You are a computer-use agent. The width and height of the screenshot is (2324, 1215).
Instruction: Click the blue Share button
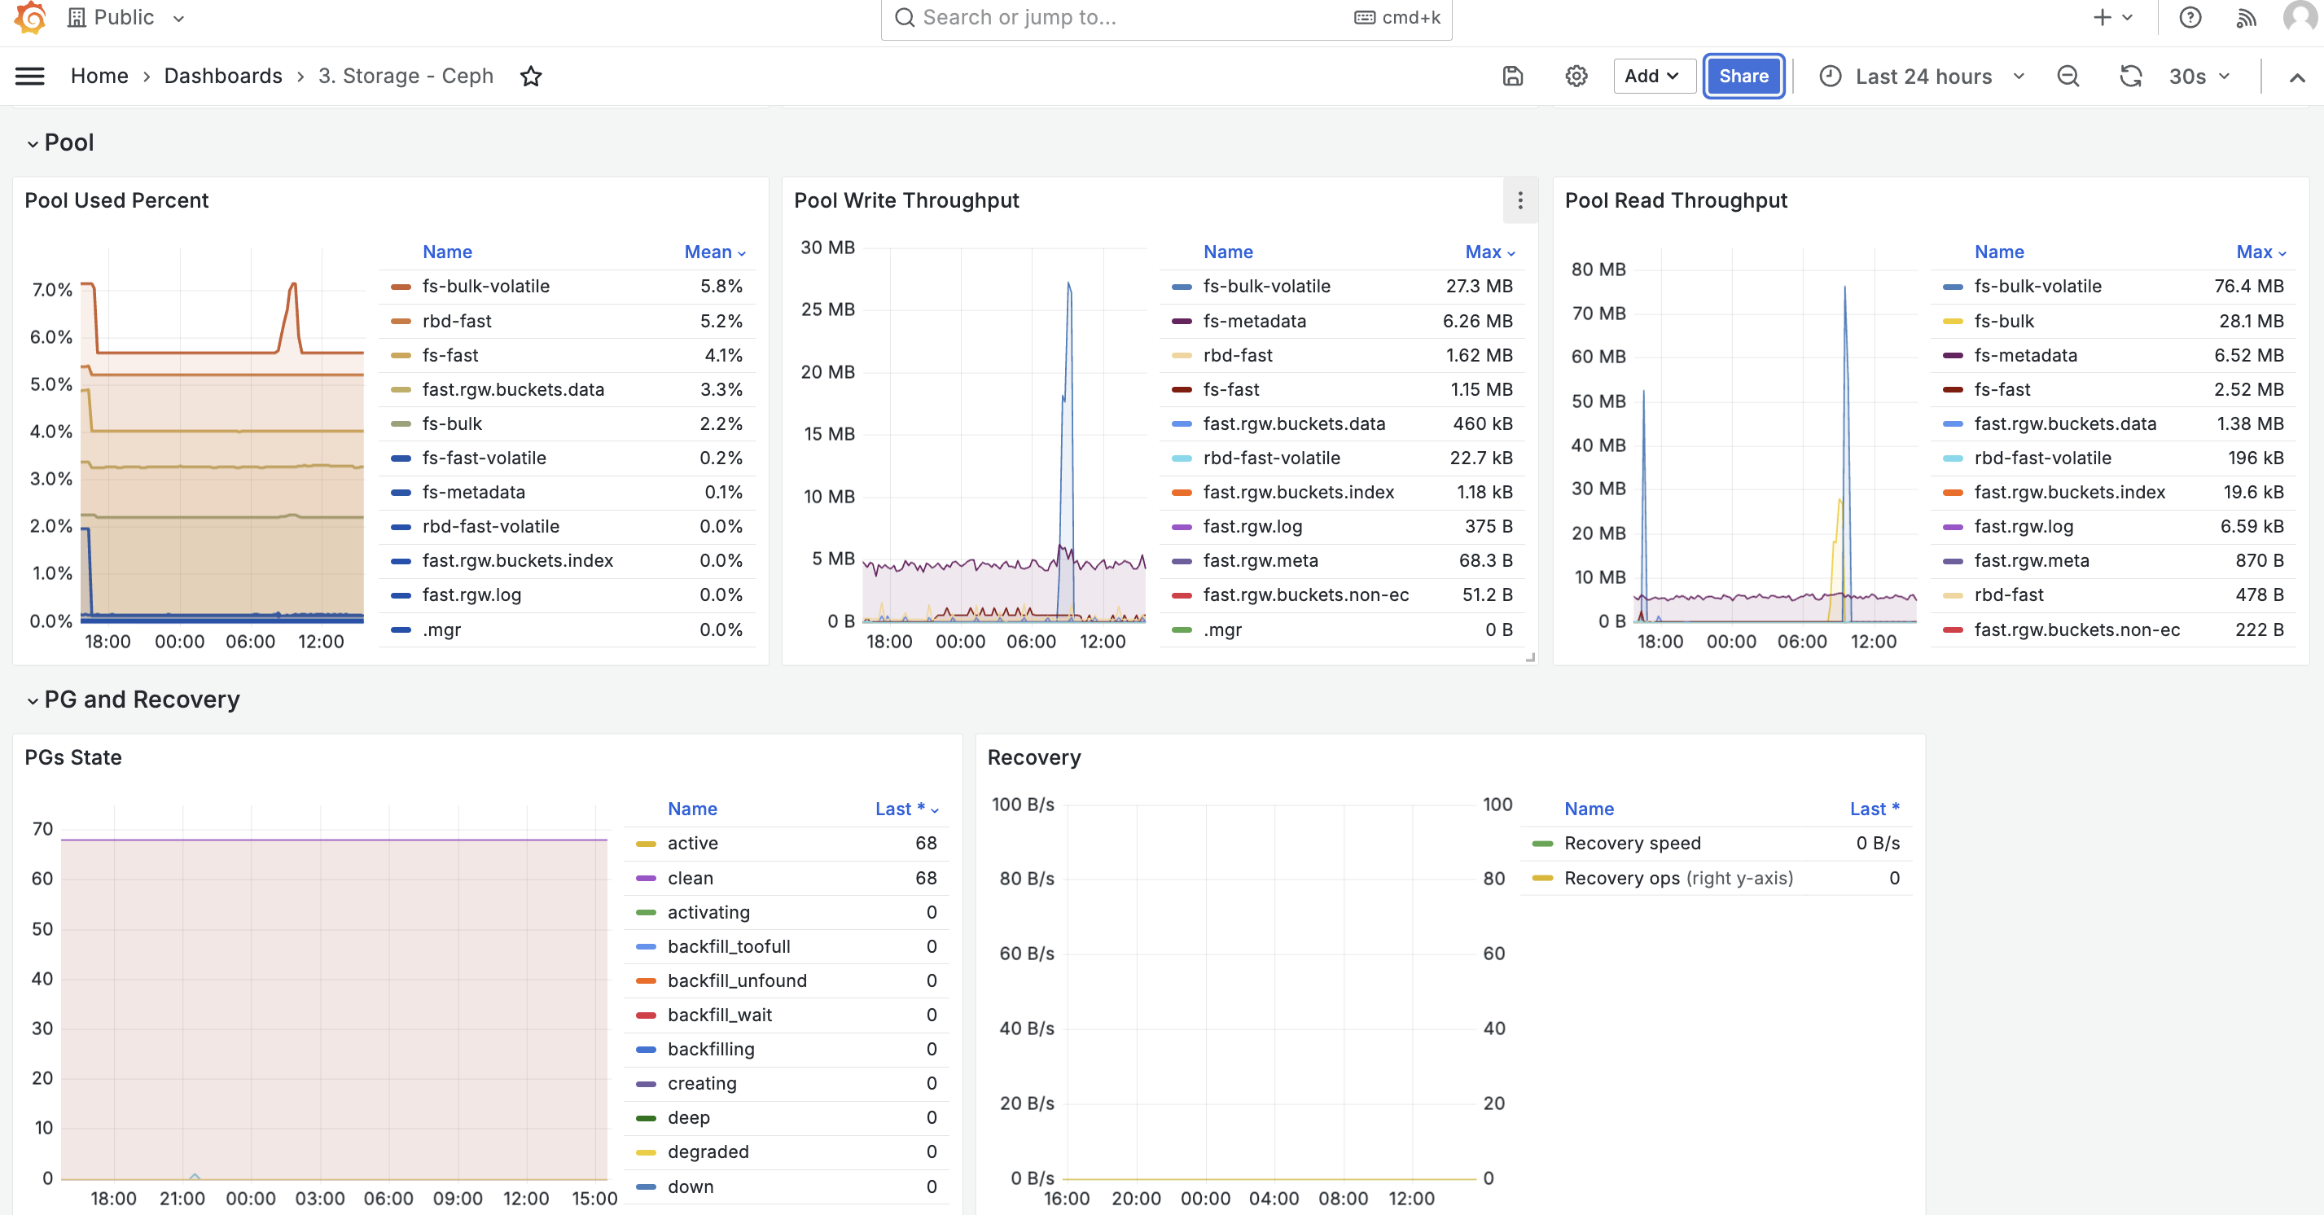[1743, 77]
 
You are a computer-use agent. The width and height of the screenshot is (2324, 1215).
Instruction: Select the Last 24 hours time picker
[1923, 77]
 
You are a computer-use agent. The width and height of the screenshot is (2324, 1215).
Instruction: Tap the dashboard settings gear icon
[1576, 77]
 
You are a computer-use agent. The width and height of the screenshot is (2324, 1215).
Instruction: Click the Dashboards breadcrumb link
[223, 77]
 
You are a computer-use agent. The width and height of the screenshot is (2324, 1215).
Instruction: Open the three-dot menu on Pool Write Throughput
[1520, 200]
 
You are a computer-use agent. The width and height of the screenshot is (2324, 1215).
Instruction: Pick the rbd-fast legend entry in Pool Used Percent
[457, 321]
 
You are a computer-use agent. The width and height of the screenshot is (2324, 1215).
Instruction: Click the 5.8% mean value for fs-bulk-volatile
[721, 286]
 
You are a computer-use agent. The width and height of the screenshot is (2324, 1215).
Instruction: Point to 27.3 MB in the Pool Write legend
[1480, 286]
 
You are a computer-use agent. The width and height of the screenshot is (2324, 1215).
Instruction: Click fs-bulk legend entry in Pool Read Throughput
[2004, 321]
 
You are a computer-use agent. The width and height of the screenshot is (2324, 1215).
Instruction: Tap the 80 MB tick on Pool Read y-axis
[1598, 269]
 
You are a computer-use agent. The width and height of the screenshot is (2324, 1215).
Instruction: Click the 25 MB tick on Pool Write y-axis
[827, 309]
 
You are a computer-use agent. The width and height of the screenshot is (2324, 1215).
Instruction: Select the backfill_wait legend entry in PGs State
[719, 1015]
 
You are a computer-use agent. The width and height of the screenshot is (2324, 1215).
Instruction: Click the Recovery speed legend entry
[1632, 844]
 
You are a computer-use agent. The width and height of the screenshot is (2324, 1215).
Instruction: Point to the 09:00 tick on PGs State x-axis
[458, 1199]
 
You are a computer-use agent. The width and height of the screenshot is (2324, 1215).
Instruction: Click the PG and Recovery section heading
[142, 700]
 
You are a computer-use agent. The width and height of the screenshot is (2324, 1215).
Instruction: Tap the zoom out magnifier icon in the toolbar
[2067, 77]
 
